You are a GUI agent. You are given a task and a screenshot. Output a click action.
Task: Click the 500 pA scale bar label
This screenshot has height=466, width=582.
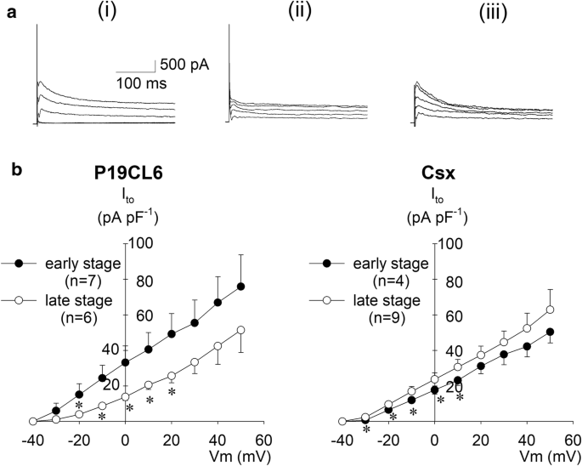coord(184,65)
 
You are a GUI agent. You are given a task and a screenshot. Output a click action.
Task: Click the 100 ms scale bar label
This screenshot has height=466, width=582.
coord(141,83)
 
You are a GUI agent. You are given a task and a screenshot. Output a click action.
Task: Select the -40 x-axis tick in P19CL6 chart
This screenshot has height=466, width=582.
coord(31,440)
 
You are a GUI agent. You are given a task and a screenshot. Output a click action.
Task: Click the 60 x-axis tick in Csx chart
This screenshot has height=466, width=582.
coord(574,440)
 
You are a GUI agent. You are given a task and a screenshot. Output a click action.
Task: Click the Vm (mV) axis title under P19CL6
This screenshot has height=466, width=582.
coord(236,457)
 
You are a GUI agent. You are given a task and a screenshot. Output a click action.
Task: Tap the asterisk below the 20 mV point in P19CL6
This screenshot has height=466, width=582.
coord(172,393)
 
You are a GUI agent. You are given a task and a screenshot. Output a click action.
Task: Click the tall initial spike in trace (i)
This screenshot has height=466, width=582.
coord(37,51)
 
